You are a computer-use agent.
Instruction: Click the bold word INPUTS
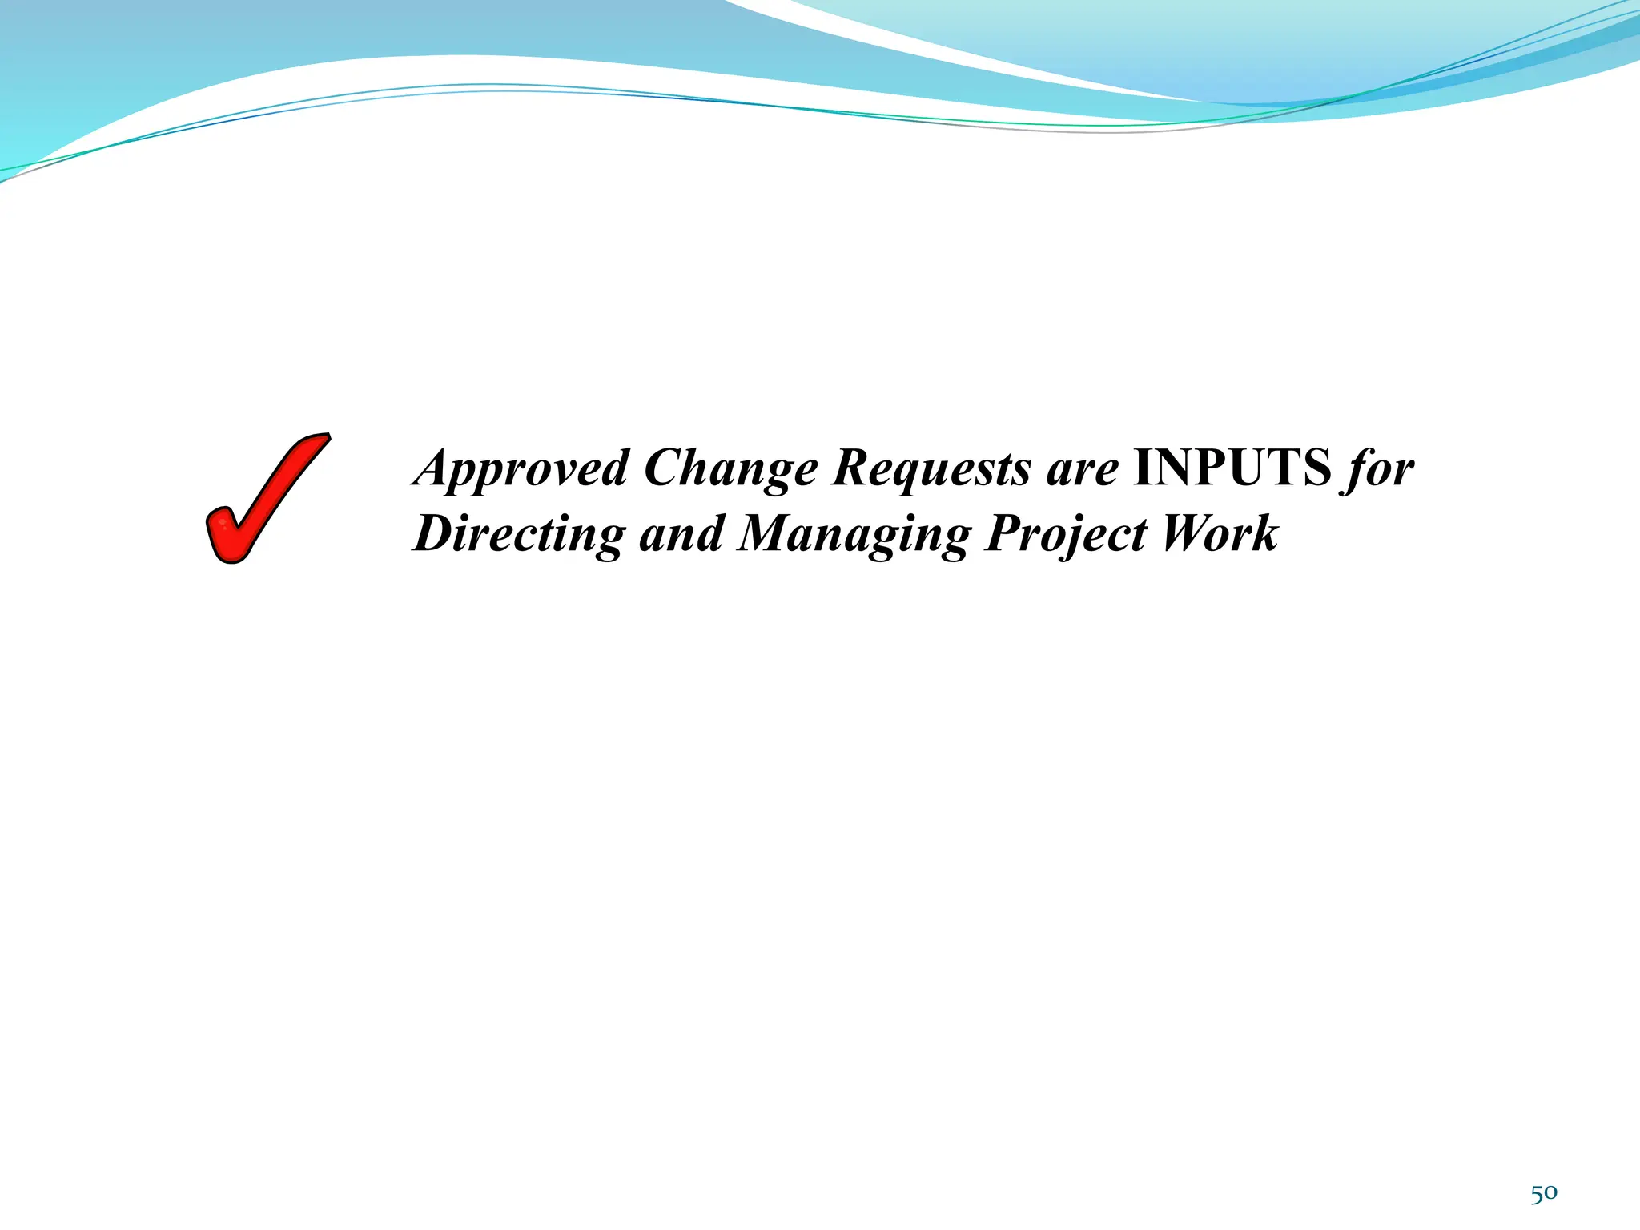(x=1232, y=468)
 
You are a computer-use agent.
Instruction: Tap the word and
(x=681, y=534)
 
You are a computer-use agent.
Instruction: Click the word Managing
(x=854, y=534)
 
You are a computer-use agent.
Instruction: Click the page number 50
(x=1544, y=1194)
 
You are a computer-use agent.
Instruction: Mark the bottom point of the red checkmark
(x=231, y=557)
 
